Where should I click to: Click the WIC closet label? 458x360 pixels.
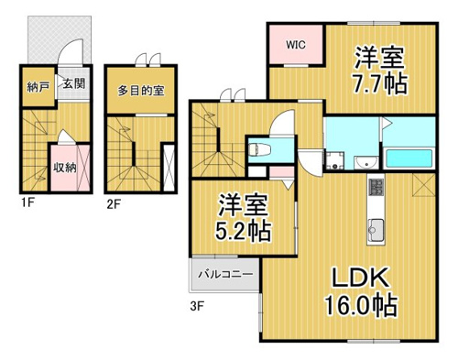296,45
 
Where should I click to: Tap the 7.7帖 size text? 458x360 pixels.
379,83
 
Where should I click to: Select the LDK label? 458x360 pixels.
361,278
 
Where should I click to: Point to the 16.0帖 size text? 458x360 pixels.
361,305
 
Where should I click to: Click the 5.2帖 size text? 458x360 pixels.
243,231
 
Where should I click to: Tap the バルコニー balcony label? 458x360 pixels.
225,274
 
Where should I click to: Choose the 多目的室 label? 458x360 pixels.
141,91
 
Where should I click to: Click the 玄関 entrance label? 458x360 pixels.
74,83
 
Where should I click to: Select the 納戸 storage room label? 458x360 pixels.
38,88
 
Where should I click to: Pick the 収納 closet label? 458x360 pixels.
65,167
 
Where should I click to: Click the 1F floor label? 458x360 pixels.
27,203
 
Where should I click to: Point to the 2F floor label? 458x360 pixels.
114,203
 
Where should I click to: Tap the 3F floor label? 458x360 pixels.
197,306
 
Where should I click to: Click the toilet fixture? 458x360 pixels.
259,150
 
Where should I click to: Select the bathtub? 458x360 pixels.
409,158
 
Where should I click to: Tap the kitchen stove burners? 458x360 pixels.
376,187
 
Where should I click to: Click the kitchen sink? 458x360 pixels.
376,231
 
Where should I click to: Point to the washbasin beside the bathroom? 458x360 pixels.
366,162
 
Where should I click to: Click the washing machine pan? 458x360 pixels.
335,160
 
